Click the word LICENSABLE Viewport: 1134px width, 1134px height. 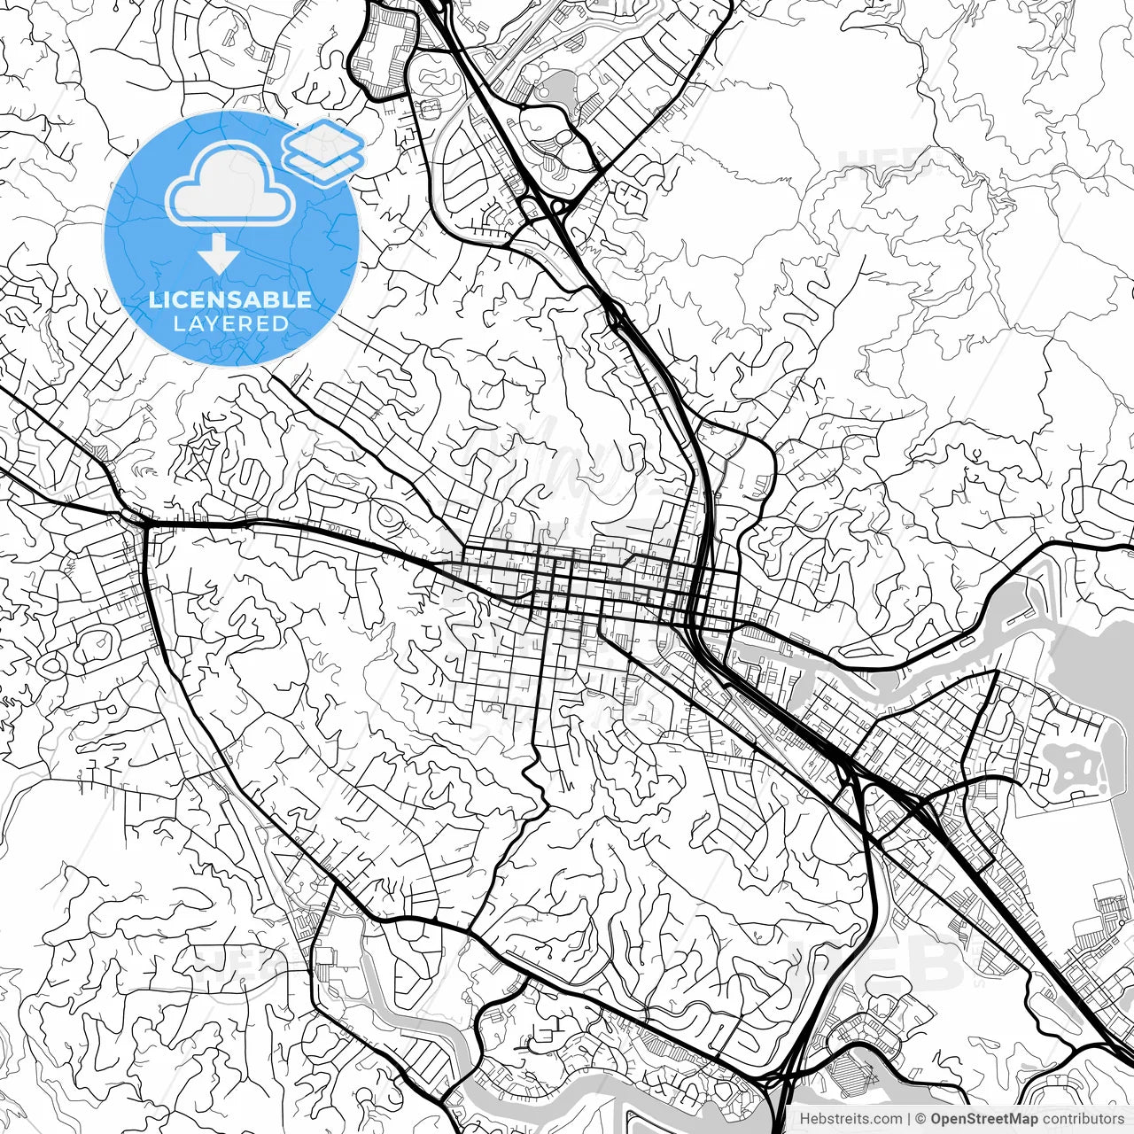pyautogui.click(x=230, y=299)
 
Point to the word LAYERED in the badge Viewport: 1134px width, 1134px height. pyautogui.click(x=230, y=324)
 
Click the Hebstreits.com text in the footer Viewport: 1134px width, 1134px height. pyautogui.click(x=850, y=1119)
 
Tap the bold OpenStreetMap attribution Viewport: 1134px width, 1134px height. pyautogui.click(x=983, y=1119)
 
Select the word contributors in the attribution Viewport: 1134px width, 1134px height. pyautogui.click(x=1082, y=1119)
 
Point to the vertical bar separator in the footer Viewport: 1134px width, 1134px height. pyautogui.click(x=910, y=1119)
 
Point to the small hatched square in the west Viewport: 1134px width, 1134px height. pyautogui.click(x=105, y=452)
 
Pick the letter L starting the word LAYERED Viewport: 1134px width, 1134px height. pyautogui.click(x=178, y=324)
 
